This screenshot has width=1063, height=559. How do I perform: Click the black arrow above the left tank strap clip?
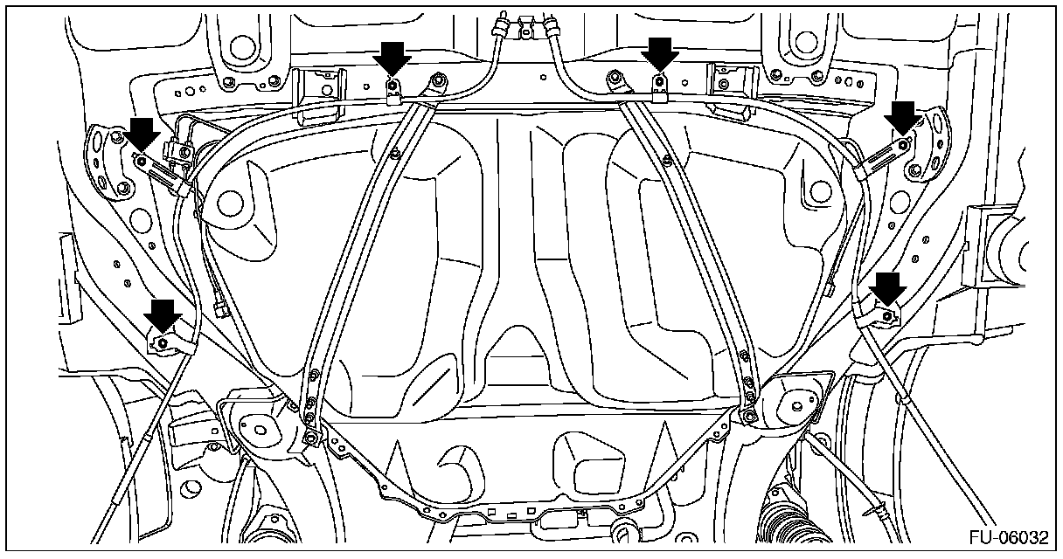tap(393, 60)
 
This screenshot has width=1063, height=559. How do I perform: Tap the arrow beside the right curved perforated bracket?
tap(903, 115)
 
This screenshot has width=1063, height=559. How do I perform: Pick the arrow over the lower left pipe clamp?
tap(163, 314)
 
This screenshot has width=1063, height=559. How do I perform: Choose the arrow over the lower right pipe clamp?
tap(889, 287)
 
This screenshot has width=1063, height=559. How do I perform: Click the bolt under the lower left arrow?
tap(163, 343)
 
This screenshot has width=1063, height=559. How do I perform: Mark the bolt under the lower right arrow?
tap(887, 314)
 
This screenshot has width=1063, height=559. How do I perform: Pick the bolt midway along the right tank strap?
tap(666, 159)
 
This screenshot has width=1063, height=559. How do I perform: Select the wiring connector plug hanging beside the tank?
tap(219, 308)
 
